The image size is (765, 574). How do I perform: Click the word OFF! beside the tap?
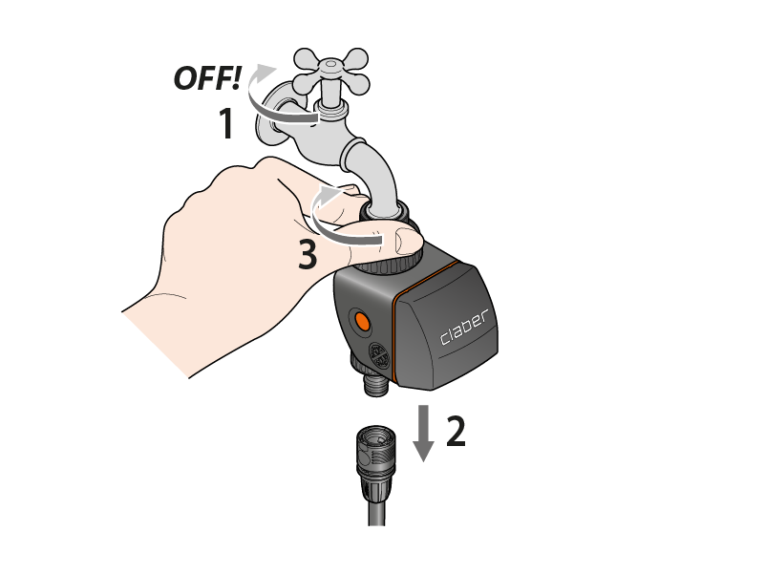[207, 78]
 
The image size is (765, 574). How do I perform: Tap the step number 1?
[226, 124]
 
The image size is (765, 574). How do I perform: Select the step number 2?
[457, 431]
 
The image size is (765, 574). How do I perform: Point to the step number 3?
[308, 254]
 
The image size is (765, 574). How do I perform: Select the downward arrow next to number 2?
[423, 434]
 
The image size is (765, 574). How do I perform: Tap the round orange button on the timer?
[362, 322]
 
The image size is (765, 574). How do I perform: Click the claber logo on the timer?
[464, 328]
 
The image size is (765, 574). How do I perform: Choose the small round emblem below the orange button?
[379, 356]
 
